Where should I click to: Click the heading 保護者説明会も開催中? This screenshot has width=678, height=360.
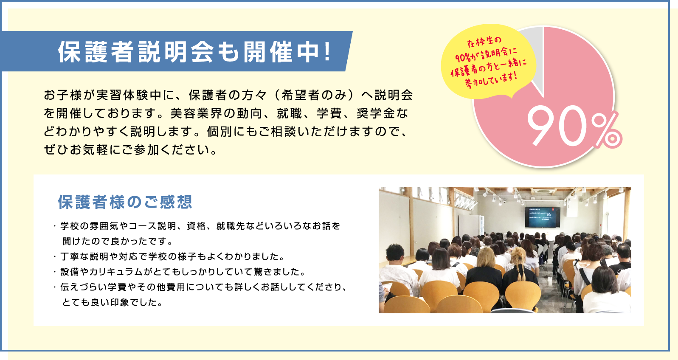click(194, 52)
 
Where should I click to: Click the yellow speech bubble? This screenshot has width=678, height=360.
click(488, 62)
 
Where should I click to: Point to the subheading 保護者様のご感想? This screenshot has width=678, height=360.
click(125, 202)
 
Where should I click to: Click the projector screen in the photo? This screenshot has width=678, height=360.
click(543, 217)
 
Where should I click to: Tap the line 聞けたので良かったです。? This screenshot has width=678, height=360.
click(118, 241)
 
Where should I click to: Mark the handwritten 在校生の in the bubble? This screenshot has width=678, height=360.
click(484, 42)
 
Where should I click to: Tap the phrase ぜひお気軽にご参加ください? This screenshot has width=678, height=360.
click(127, 149)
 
